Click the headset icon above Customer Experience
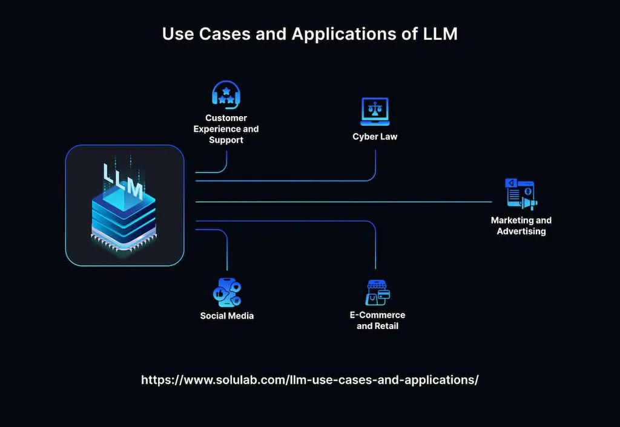(226, 94)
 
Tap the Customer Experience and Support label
(226, 129)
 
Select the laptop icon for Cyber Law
(375, 111)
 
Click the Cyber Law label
(375, 137)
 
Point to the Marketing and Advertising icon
(521, 194)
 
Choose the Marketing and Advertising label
(521, 226)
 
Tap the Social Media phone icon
(227, 292)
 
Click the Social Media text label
(227, 316)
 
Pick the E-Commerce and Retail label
(377, 321)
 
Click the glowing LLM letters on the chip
(123, 180)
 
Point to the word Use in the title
(177, 34)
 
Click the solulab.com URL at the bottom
(310, 380)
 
